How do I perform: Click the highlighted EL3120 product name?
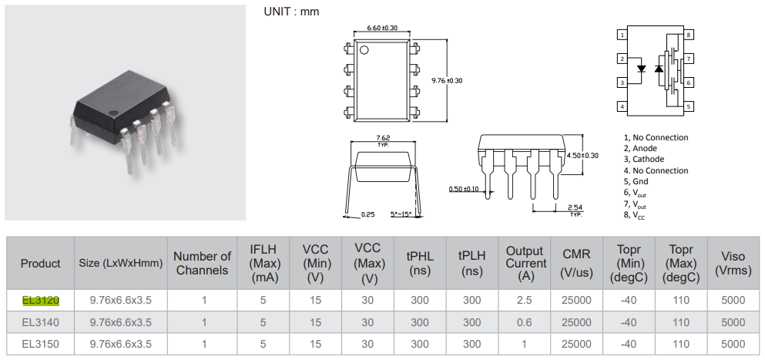[x=41, y=300]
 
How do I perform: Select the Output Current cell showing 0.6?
[x=524, y=322]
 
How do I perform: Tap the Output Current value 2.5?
[x=524, y=300]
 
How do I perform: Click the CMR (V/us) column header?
[x=576, y=263]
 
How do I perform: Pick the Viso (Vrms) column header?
[x=733, y=263]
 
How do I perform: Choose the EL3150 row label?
[x=41, y=344]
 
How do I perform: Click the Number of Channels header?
[x=203, y=263]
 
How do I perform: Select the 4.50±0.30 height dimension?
[x=582, y=155]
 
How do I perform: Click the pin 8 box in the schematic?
[x=690, y=35]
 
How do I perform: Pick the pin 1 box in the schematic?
[x=621, y=35]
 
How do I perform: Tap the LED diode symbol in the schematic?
[x=642, y=68]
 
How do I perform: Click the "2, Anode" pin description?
[x=639, y=148]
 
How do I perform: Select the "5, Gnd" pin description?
[x=636, y=181]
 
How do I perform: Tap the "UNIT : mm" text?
[x=291, y=12]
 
